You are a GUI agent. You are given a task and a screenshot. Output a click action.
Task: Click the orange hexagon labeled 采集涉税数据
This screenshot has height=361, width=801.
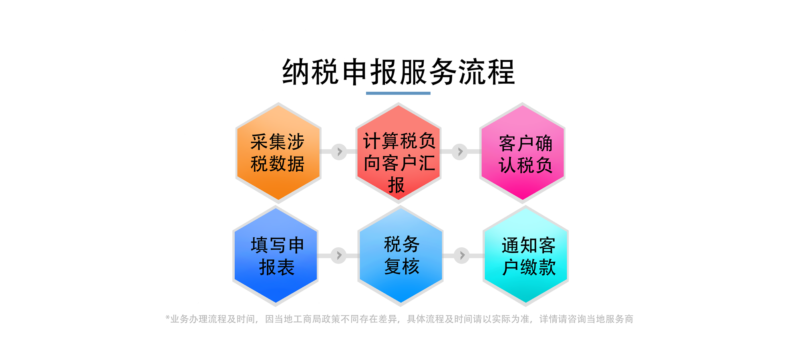pyautogui.click(x=278, y=152)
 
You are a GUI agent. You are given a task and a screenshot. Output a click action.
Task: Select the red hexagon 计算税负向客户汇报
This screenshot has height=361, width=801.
pyautogui.click(x=398, y=152)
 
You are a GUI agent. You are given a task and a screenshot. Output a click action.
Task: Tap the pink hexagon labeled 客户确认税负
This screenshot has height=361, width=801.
pyautogui.click(x=522, y=152)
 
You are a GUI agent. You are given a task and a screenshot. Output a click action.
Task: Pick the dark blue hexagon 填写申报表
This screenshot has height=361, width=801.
pyautogui.click(x=276, y=256)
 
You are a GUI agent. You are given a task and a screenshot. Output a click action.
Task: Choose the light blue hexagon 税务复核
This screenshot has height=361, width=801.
pyautogui.click(x=400, y=256)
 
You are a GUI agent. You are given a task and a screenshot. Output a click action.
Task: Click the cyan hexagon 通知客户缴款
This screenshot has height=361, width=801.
pyautogui.click(x=525, y=256)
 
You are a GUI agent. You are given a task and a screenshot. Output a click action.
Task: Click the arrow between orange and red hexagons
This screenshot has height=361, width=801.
pyautogui.click(x=339, y=152)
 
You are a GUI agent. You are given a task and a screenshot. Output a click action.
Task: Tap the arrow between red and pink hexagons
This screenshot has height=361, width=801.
pyautogui.click(x=460, y=152)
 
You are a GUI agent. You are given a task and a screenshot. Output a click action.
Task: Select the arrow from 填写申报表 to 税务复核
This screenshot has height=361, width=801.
pyautogui.click(x=339, y=255)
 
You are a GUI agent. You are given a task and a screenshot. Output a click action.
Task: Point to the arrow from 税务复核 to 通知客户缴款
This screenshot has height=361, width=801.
pyautogui.click(x=462, y=255)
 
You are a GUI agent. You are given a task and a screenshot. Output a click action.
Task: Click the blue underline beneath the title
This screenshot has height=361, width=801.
pyautogui.click(x=398, y=93)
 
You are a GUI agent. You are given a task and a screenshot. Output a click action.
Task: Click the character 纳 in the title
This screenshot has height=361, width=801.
pyautogui.click(x=296, y=72)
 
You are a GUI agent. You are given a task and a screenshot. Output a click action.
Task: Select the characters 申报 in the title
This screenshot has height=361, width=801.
pyautogui.click(x=369, y=72)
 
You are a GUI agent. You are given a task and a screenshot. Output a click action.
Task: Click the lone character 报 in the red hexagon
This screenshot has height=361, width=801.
pyautogui.click(x=396, y=185)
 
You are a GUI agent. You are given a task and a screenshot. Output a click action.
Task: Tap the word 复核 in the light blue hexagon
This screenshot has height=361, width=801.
pyautogui.click(x=402, y=267)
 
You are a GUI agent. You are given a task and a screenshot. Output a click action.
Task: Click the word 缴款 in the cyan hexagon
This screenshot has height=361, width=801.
pyautogui.click(x=538, y=267)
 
